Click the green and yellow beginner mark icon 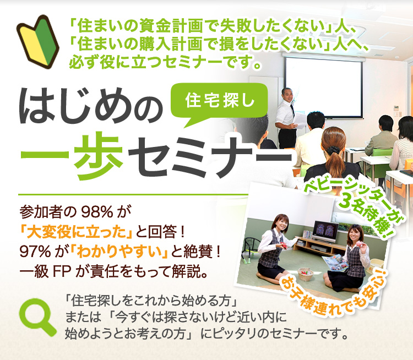pyautogui.click(x=38, y=42)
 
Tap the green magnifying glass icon pyautogui.click(x=37, y=315)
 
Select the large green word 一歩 pyautogui.click(x=72, y=155)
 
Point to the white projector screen pyautogui.click(x=324, y=87)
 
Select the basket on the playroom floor pyautogui.click(x=305, y=275)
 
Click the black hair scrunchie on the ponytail pyautogui.click(x=333, y=150)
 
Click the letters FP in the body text pyautogui.click(x=62, y=271)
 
